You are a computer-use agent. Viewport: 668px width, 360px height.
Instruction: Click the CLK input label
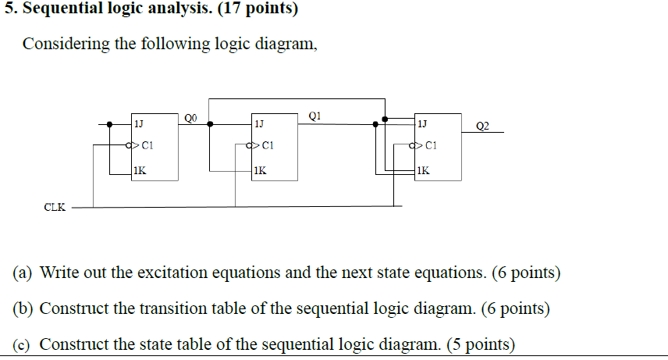[x=55, y=207]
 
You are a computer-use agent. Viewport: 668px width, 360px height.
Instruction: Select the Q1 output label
[x=314, y=116]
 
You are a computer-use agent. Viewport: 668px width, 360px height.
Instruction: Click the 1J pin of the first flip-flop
[x=138, y=123]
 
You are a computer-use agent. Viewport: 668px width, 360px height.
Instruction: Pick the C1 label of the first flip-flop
[x=148, y=145]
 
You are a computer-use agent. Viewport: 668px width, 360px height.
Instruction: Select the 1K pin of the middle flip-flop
[x=259, y=169]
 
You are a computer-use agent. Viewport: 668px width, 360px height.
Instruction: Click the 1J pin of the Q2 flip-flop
[x=422, y=123]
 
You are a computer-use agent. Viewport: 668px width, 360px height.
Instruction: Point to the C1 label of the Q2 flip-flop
[x=432, y=145]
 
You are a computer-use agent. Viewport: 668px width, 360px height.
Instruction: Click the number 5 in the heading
[x=7, y=11]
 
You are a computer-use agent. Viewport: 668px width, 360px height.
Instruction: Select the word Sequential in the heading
[x=59, y=11]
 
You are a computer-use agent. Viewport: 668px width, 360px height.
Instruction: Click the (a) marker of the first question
[x=23, y=273]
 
